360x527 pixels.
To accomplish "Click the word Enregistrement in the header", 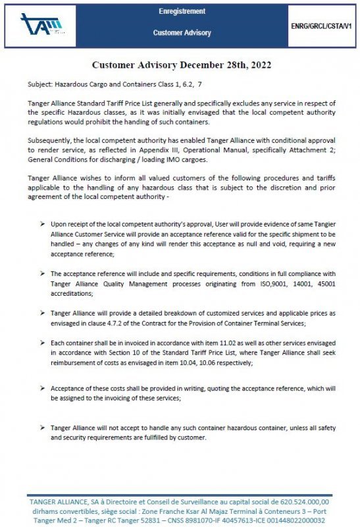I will coord(182,12).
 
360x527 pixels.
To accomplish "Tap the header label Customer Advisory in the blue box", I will coord(182,32).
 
